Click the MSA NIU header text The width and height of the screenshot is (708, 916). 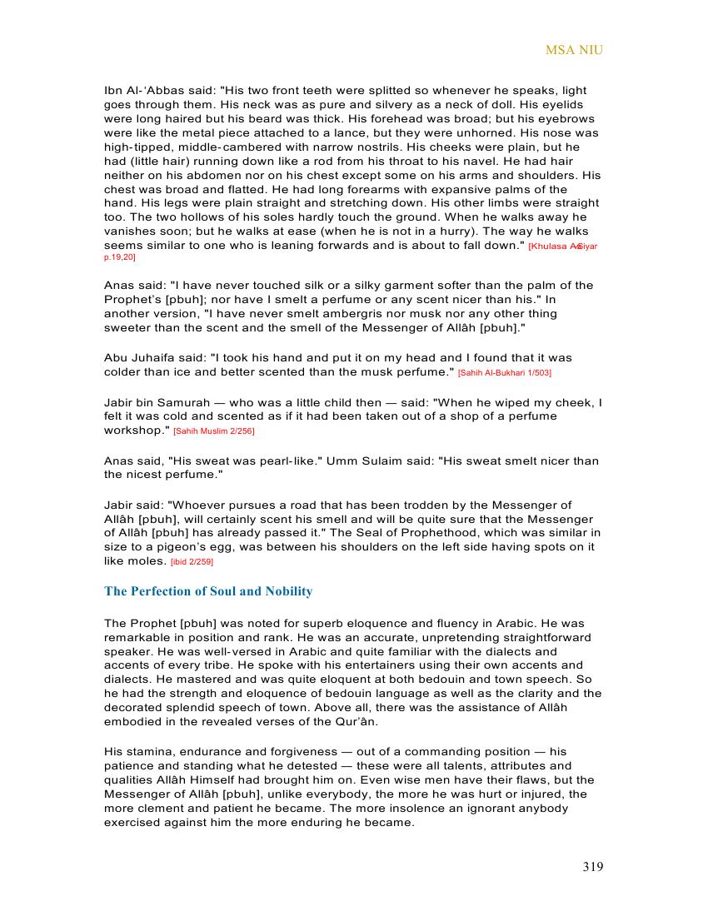coord(574,50)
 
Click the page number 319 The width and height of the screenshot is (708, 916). coord(592,867)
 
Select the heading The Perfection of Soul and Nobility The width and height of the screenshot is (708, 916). coord(208,592)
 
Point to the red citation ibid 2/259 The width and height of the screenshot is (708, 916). coord(192,562)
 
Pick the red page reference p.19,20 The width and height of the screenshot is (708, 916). coord(120,258)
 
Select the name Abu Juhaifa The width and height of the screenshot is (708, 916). coord(134,357)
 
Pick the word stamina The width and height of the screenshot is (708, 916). coord(147,751)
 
